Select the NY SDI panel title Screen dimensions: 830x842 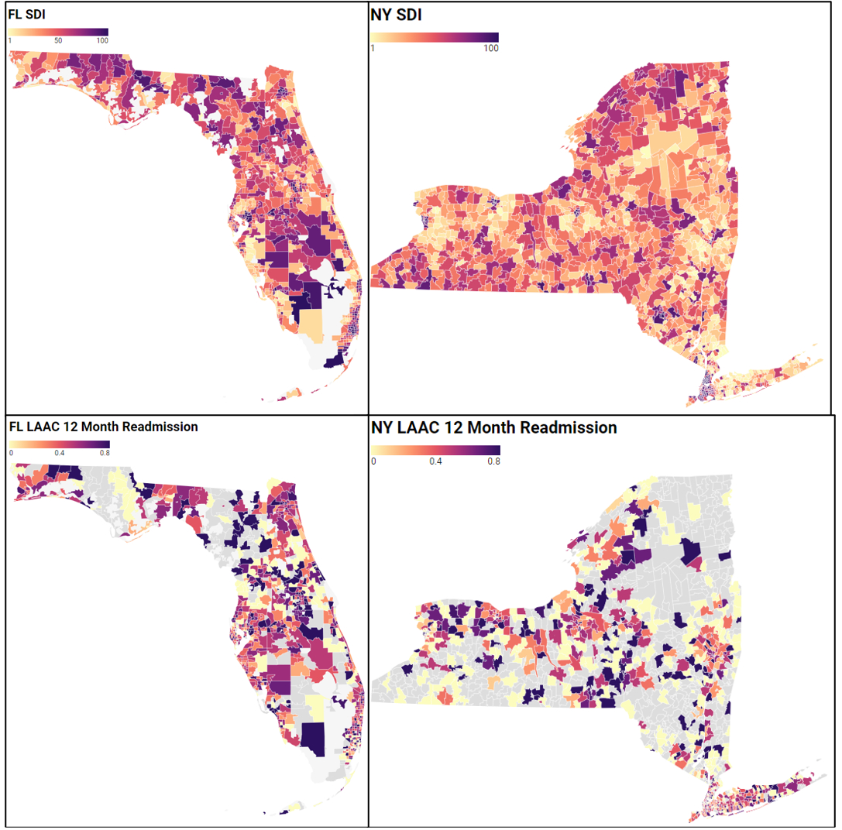(397, 15)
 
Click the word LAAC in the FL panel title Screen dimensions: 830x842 (38, 427)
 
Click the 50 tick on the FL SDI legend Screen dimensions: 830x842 (58, 40)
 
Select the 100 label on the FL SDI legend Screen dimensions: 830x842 (102, 40)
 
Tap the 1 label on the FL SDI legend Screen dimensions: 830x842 (9, 40)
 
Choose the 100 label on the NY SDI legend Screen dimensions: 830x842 (490, 48)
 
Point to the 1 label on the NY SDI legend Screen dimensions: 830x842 (373, 48)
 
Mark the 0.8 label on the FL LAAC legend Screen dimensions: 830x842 (103, 453)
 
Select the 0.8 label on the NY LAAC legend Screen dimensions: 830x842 (493, 461)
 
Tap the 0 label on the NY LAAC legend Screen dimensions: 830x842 (373, 461)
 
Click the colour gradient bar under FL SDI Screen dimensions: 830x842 (58, 33)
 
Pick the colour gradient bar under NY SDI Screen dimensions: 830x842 (434, 37)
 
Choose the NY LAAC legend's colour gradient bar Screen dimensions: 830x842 (435, 451)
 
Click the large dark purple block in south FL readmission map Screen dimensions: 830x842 (314, 738)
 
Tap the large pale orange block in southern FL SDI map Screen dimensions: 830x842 (308, 326)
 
